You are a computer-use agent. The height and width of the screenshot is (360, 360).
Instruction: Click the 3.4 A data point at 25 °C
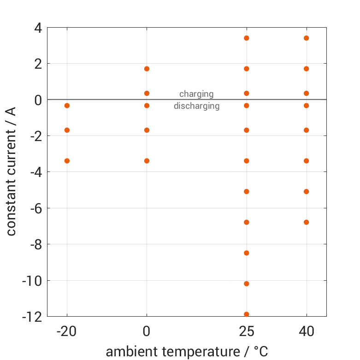click(247, 38)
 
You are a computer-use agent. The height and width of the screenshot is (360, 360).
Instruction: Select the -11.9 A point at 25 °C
click(247, 314)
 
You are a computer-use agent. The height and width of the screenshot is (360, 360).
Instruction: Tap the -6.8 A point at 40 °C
click(307, 222)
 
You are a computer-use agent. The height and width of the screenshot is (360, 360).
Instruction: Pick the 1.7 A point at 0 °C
click(147, 69)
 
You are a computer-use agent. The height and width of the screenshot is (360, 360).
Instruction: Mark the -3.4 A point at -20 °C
click(67, 161)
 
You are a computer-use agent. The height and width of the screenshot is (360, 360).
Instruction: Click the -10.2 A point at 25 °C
click(247, 283)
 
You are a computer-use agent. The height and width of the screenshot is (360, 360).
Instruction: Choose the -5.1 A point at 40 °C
click(307, 191)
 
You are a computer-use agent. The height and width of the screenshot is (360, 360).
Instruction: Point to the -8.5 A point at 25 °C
click(247, 253)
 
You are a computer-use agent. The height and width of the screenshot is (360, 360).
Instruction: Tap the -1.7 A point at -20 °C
click(67, 130)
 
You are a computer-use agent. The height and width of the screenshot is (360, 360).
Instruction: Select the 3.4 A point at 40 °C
click(307, 38)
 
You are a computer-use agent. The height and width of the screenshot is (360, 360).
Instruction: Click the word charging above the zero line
click(196, 94)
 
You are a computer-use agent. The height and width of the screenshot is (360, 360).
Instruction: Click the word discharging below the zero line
click(196, 106)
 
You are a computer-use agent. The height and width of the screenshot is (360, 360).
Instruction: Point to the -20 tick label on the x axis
click(67, 331)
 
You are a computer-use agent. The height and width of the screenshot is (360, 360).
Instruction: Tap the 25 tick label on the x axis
click(247, 331)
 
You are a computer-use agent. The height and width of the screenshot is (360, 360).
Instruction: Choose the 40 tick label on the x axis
click(307, 331)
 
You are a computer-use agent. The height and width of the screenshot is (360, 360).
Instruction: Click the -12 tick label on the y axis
click(32, 317)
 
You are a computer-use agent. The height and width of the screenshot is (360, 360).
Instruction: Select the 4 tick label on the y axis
click(37, 28)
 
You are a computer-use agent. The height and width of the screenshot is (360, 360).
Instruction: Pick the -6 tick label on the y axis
click(35, 208)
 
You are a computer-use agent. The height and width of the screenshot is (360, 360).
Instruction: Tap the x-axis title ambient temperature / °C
click(187, 352)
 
